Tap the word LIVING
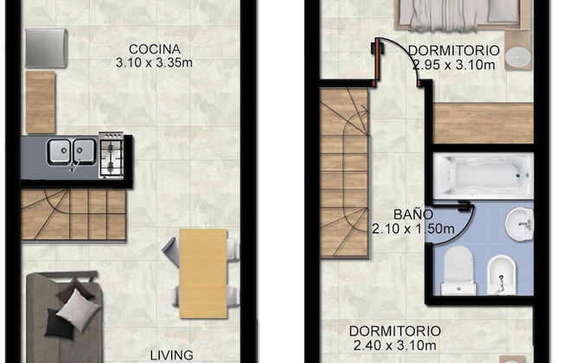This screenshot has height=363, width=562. coord(169,354)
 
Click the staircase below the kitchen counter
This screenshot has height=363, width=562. coord(74,214)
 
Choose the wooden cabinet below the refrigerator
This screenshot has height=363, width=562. coord(40,102)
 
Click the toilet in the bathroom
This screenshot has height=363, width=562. coord(459,269)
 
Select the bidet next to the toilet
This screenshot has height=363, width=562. coord(501,275)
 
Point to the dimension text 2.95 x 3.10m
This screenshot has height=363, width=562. coord(453,63)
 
